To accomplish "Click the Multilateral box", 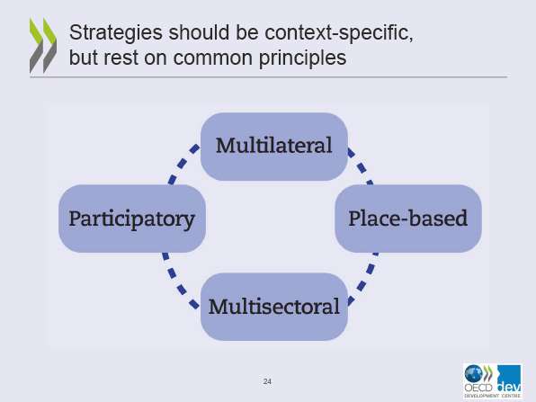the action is tap(274, 147).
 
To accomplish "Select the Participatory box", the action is tap(132, 219).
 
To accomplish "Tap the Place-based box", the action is tap(408, 219).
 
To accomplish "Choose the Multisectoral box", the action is tap(274, 307).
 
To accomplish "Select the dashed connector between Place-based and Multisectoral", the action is tap(364, 279).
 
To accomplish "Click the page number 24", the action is tap(267, 381).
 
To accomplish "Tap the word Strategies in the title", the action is tap(115, 32).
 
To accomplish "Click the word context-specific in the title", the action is tap(339, 32).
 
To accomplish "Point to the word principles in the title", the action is tap(302, 58).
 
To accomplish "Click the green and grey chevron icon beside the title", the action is tap(43, 45).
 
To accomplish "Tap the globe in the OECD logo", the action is tap(474, 373).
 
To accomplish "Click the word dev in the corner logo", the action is tap(509, 388).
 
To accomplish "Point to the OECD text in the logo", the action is tap(478, 388).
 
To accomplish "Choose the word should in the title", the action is tap(199, 32).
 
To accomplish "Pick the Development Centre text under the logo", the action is tap(493, 396).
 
